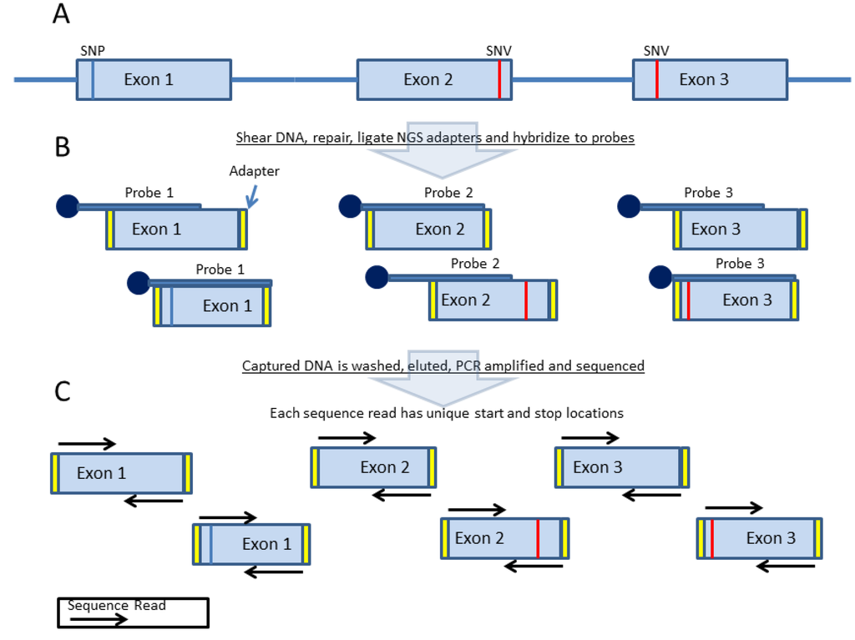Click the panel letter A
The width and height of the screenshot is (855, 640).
[x=61, y=14]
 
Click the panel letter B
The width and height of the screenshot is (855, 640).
[x=62, y=147]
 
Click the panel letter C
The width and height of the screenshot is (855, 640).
[x=62, y=391]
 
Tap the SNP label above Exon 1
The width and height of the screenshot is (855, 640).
[x=93, y=51]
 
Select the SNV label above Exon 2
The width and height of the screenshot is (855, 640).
[x=498, y=51]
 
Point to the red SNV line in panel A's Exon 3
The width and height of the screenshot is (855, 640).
[x=657, y=80]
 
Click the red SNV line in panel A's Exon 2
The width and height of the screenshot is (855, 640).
[x=499, y=80]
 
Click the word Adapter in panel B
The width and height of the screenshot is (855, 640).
[x=254, y=171]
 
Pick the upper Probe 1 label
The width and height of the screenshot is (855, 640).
[x=149, y=193]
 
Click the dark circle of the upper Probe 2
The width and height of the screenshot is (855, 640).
[x=350, y=206]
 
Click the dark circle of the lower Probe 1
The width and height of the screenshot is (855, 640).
[x=139, y=283]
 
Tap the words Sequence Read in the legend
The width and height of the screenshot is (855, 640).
[x=117, y=605]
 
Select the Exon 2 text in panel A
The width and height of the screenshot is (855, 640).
[x=427, y=80]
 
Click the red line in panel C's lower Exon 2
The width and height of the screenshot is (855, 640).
[x=537, y=538]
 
